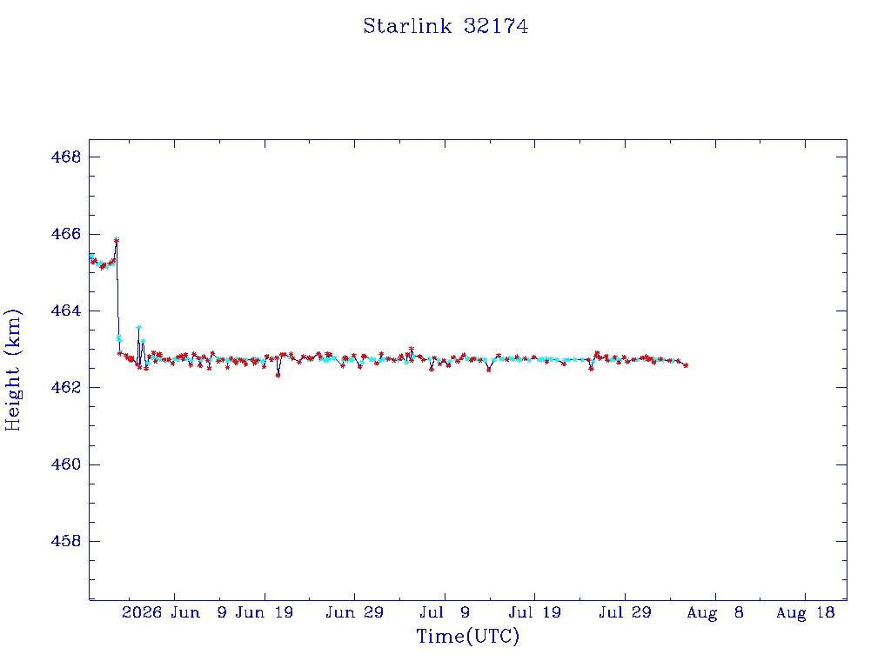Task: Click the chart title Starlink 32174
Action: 445,26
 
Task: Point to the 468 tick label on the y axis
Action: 66,157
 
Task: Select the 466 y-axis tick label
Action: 66,234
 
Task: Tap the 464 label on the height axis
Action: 66,311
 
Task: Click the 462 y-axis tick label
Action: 66,387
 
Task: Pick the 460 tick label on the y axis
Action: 66,464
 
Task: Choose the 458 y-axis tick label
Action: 66,541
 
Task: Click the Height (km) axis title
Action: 12,370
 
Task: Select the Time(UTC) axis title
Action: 467,636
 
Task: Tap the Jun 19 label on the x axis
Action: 265,612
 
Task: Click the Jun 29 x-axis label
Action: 355,612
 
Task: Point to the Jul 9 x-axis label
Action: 445,612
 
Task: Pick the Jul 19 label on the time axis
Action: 535,612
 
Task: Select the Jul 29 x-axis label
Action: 625,612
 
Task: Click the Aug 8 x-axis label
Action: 715,612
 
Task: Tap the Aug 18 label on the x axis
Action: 805,612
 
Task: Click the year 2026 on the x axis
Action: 142,612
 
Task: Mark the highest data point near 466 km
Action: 116,240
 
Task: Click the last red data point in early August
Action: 686,365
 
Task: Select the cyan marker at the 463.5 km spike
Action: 138,327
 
